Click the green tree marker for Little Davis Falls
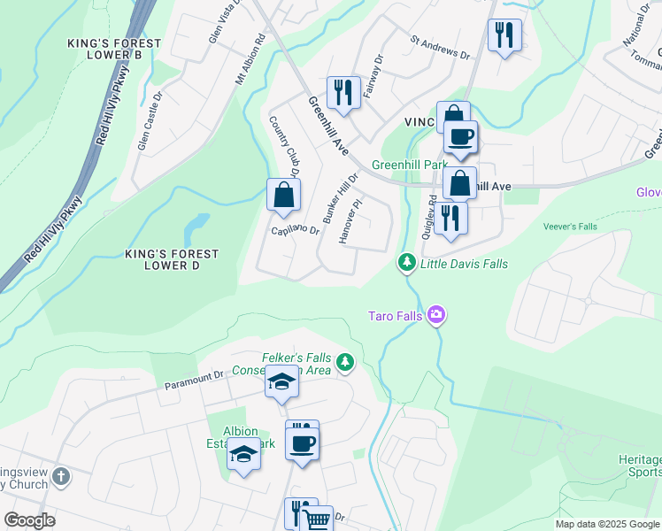[406, 263]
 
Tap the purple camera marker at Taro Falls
[435, 315]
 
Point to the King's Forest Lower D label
[172, 259]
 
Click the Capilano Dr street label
[295, 230]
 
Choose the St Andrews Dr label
[440, 47]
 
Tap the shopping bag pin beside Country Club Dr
[283, 195]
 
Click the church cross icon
[61, 477]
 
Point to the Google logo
[30, 519]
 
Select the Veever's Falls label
[571, 227]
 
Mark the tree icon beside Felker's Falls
[344, 362]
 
